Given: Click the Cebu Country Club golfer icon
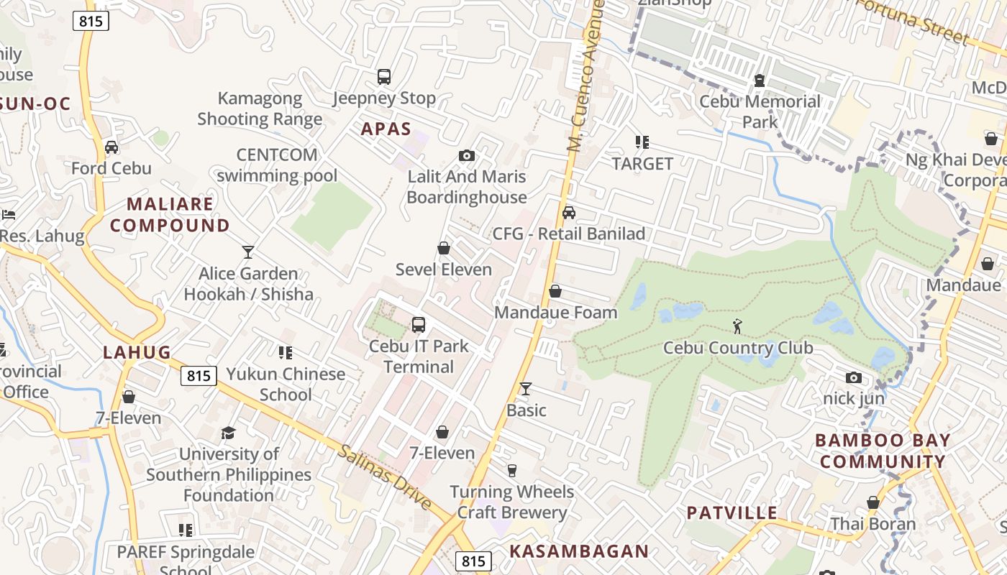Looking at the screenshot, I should (737, 327).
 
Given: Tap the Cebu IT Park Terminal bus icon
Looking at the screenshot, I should (419, 325).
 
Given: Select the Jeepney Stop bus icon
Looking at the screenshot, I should (384, 77).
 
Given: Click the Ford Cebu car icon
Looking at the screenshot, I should (111, 147).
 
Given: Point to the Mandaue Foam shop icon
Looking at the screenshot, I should (555, 291).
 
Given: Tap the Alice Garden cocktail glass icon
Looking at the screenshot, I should (248, 252).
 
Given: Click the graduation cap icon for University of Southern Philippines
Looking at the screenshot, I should (229, 433).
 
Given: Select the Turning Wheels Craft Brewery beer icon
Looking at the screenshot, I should (512, 471).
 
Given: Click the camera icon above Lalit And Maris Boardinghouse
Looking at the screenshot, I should (467, 155).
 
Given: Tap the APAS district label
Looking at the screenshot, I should (386, 129).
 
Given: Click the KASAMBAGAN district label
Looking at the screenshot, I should (579, 551).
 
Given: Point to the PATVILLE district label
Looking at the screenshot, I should (732, 512).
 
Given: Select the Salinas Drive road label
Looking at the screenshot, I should (384, 477).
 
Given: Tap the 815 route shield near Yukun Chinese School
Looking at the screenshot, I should (199, 375).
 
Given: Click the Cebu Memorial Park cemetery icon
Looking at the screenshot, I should (760, 80).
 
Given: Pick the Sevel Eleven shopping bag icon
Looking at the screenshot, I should (444, 249).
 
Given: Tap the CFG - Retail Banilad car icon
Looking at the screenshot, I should (569, 213).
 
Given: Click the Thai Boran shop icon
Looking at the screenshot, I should (873, 502).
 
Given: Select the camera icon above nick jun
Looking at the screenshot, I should (854, 377).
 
